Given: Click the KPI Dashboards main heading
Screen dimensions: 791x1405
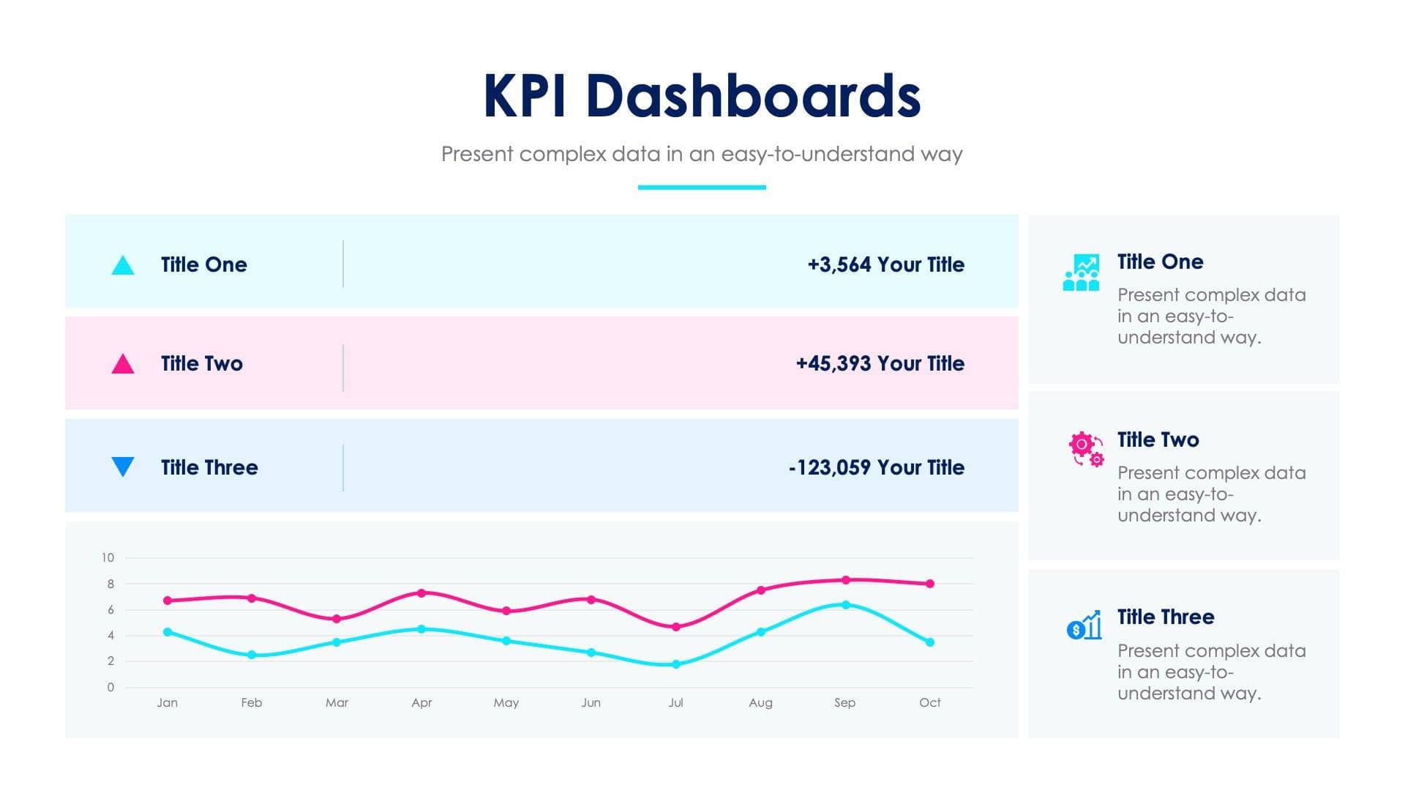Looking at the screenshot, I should click(x=701, y=96).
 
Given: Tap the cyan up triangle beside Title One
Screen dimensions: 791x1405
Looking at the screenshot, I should click(x=123, y=266).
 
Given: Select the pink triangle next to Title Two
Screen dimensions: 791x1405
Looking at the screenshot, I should click(x=123, y=364).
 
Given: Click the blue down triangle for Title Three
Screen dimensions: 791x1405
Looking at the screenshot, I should click(x=123, y=466).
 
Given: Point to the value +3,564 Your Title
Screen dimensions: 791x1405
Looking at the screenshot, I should click(x=885, y=264).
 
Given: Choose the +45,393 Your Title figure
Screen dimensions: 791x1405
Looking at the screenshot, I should click(x=880, y=363).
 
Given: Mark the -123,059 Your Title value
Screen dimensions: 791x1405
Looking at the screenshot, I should click(x=876, y=467).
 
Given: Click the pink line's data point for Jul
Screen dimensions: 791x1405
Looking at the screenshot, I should click(x=675, y=627).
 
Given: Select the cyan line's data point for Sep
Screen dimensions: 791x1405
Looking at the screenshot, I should click(x=845, y=605).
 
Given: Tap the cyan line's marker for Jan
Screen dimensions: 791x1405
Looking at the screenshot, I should click(x=168, y=632).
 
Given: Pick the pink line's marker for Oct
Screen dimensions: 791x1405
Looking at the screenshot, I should click(x=929, y=584).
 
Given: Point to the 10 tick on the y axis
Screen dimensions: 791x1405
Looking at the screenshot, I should click(x=108, y=557).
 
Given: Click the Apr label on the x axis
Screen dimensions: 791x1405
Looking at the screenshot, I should click(x=421, y=702).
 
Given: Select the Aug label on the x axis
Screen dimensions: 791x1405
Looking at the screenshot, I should click(x=760, y=702).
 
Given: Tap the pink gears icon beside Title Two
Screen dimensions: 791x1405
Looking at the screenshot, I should click(x=1085, y=449).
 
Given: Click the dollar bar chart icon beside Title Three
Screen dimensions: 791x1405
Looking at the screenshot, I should click(x=1084, y=625).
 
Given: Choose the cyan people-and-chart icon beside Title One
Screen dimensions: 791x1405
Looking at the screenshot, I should click(x=1081, y=272).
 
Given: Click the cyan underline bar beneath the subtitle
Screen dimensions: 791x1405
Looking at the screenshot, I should click(x=701, y=187).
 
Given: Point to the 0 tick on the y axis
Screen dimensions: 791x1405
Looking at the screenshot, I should click(x=110, y=687).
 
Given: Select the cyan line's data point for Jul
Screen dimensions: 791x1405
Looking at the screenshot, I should click(x=675, y=664).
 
